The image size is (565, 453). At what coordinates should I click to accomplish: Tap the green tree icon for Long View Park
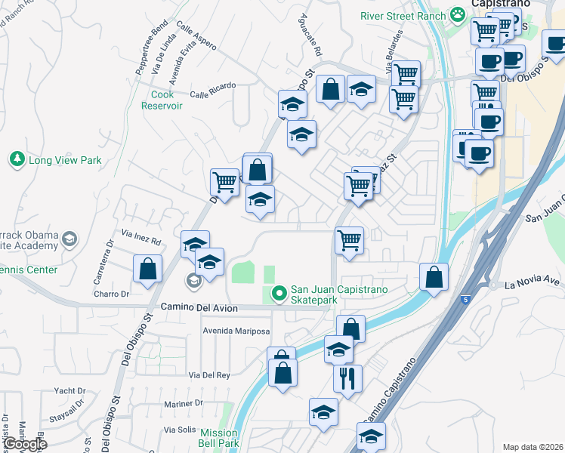(x=17, y=159)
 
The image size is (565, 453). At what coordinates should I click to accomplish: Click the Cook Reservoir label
(x=162, y=100)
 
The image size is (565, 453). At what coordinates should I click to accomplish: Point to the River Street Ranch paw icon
(x=457, y=14)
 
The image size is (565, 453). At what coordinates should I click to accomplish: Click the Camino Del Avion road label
(x=199, y=308)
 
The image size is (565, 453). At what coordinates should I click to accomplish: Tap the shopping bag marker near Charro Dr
(x=148, y=269)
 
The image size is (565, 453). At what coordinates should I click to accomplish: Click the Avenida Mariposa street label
(x=236, y=331)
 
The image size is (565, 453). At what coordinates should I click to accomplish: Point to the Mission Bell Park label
(x=219, y=438)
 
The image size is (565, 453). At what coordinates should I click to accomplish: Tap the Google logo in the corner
(x=24, y=444)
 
